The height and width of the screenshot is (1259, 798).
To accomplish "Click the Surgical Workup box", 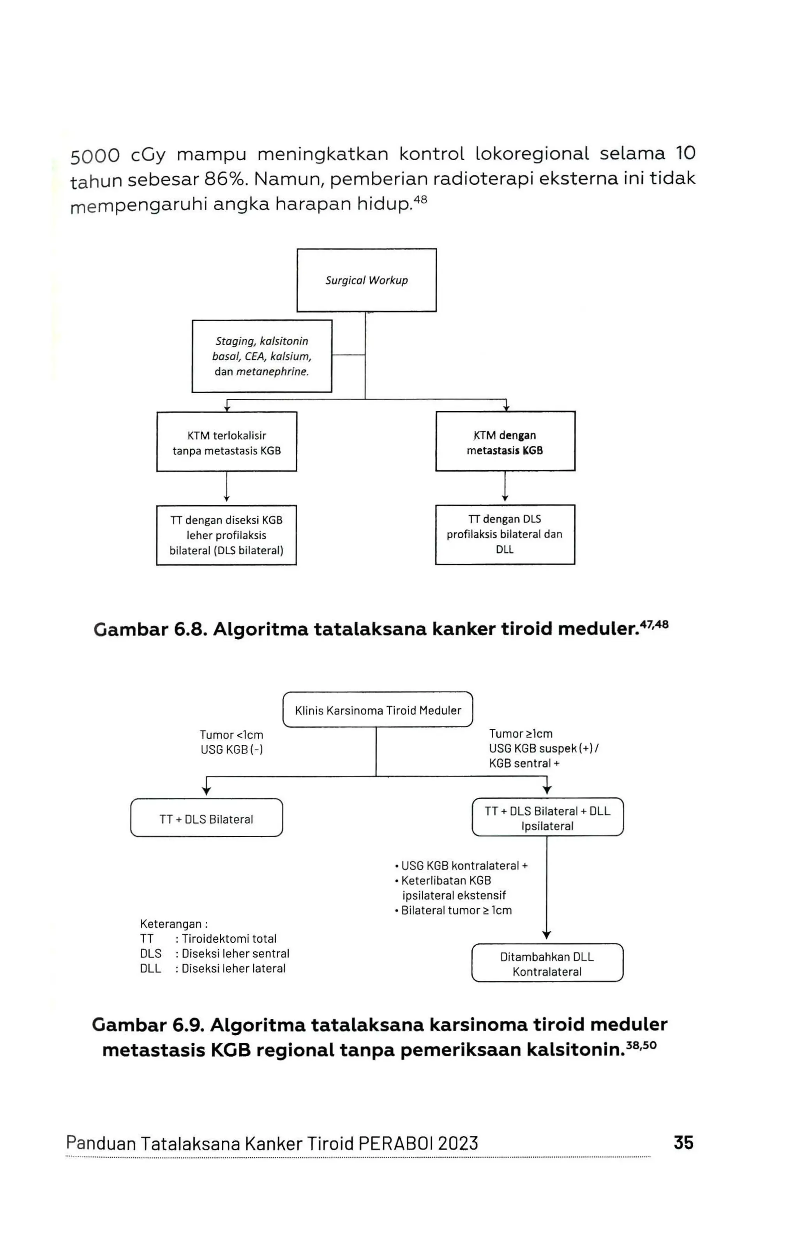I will coord(366,280).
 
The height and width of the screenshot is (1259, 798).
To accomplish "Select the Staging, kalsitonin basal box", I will coord(261,356).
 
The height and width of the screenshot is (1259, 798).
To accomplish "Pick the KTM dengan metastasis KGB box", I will coord(505,442).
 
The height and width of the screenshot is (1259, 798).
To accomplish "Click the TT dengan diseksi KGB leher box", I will coord(226,535).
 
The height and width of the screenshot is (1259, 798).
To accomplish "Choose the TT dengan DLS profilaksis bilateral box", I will coord(505,534).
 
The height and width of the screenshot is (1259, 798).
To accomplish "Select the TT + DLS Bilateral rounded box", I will coord(207,819).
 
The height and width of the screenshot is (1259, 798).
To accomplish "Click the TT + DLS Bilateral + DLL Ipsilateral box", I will coord(547,818).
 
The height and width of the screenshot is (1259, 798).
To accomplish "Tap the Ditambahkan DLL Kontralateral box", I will coord(547,964).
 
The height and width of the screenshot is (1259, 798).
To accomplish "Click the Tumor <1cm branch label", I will coord(231,742).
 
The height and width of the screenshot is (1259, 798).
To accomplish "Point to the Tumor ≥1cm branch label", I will coord(544,748).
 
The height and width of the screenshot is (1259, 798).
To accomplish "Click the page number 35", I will coord(683,1142).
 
